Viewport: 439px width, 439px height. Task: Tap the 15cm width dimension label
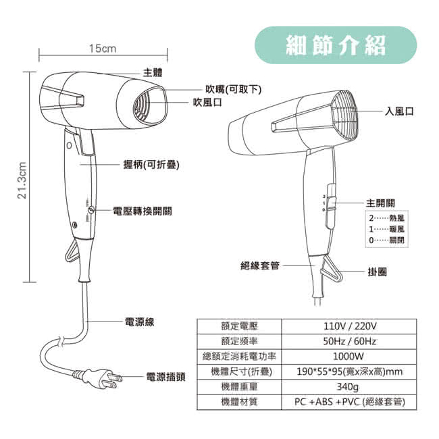click(103, 49)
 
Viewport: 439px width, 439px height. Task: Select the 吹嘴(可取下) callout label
click(233, 89)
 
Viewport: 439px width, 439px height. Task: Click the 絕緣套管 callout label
click(260, 266)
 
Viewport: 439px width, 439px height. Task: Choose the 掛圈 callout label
click(378, 272)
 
